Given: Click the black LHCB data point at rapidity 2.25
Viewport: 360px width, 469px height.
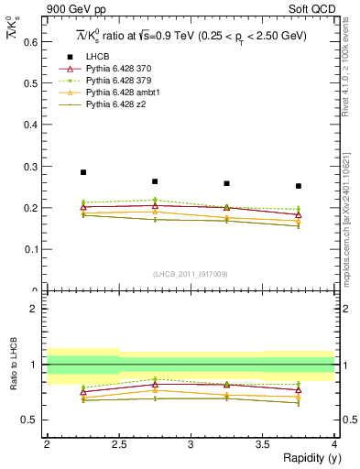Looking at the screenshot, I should click(83, 172).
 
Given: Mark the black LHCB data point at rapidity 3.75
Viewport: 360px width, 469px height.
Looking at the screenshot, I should click(299, 186).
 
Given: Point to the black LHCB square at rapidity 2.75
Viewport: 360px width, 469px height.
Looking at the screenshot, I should click(155, 181).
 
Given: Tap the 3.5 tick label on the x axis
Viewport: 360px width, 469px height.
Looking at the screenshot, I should click(262, 443).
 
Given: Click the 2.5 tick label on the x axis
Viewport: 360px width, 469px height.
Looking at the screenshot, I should click(118, 443).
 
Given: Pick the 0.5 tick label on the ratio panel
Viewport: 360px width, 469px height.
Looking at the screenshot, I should click(30, 420).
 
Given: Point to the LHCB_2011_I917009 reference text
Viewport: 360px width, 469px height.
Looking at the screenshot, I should click(191, 273).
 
